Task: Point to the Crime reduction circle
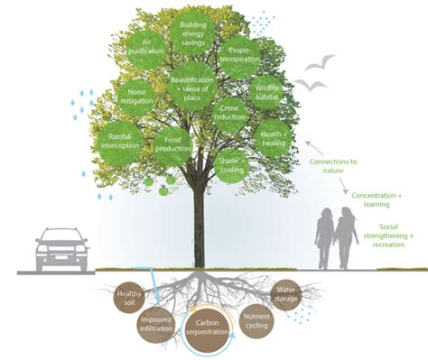pyautogui.click(x=232, y=113)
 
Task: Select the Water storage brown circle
pyautogui.click(x=286, y=293)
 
